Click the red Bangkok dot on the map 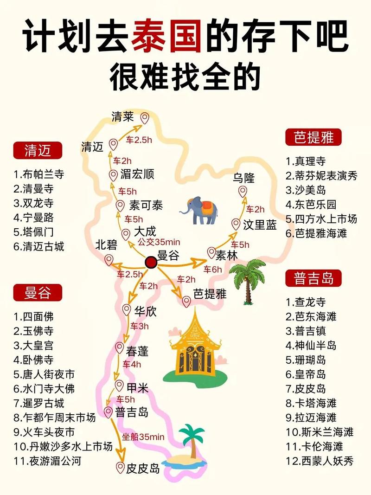coord(150,262)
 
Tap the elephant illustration coord(199,210)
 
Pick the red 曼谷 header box coord(38,293)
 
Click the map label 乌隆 coord(244,178)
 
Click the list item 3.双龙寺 coord(34,203)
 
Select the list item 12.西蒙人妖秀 coord(320,461)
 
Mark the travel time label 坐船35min coord(143,437)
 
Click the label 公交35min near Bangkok coord(159,242)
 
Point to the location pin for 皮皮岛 coord(121,467)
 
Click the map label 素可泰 coord(146,205)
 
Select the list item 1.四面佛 coord(33,317)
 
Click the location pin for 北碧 coord(109,260)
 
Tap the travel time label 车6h coord(213,269)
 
